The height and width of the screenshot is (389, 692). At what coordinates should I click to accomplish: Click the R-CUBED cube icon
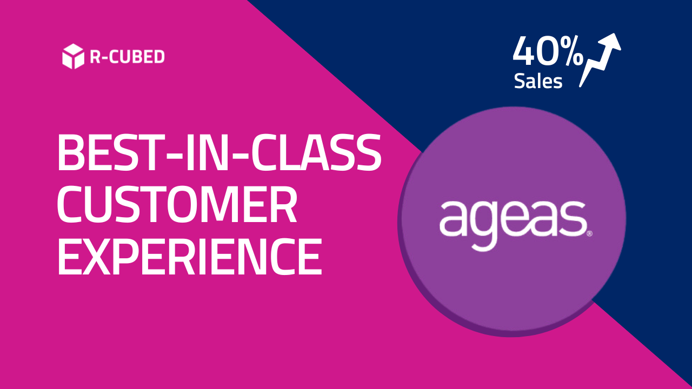coord(73,57)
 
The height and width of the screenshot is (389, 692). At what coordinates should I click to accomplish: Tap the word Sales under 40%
coord(538,81)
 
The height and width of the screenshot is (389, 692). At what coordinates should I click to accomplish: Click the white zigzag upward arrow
coord(600,59)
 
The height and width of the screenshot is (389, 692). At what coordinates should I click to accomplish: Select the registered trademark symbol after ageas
coord(589,234)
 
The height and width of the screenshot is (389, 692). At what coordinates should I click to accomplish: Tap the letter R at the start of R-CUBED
coord(94,57)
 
